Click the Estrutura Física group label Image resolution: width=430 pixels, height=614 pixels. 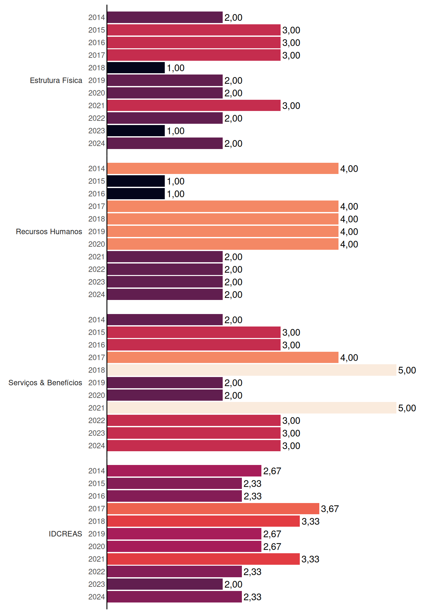(x=56, y=80)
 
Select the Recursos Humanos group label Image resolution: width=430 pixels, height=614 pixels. (x=49, y=232)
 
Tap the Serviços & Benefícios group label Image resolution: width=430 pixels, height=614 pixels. (x=45, y=383)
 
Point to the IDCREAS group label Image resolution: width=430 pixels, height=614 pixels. (x=65, y=534)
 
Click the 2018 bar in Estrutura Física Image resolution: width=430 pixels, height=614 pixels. (x=136, y=68)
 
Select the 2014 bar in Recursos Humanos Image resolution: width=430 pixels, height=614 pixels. (x=223, y=169)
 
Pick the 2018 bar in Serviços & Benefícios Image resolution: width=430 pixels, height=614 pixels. (x=252, y=370)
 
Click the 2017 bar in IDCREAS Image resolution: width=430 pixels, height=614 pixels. (x=213, y=508)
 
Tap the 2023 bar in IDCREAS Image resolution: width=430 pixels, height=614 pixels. (x=165, y=584)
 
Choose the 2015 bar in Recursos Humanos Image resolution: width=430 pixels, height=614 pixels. (x=136, y=181)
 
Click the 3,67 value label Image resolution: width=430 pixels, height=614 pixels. (x=330, y=509)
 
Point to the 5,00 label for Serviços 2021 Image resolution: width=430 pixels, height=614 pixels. (x=407, y=408)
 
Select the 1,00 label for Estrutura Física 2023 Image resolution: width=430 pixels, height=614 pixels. (x=176, y=131)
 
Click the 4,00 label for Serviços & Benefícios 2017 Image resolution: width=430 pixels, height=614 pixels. (x=349, y=358)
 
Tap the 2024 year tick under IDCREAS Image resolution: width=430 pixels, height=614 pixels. (x=97, y=597)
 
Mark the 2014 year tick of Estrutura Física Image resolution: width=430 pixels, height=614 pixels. (x=97, y=17)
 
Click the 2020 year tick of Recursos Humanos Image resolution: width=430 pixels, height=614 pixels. (x=97, y=244)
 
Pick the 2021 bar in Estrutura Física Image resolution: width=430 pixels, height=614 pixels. (x=194, y=106)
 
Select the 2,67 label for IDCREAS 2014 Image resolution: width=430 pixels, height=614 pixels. (x=272, y=471)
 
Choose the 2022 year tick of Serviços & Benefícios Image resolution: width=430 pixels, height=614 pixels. (x=97, y=421)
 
